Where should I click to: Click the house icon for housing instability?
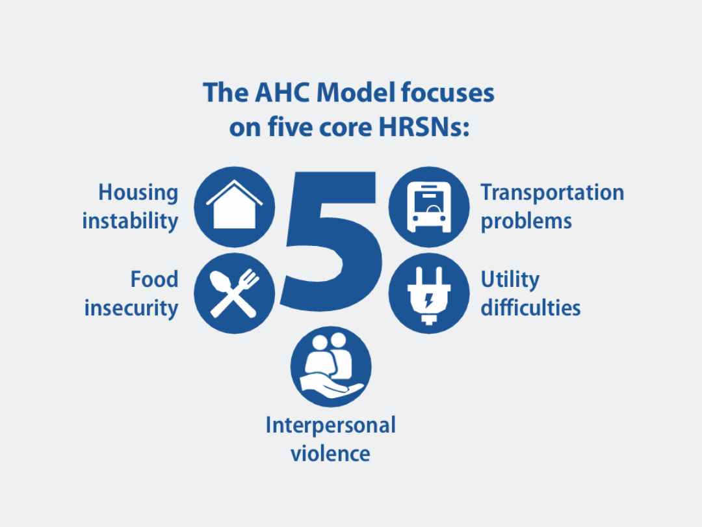(x=234, y=207)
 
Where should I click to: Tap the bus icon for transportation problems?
(x=429, y=207)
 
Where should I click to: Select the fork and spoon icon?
(x=234, y=293)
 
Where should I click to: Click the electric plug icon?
(x=429, y=293)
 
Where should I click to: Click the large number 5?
(x=332, y=241)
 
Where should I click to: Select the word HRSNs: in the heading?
(x=424, y=128)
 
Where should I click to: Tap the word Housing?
(x=138, y=193)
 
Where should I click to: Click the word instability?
(x=130, y=221)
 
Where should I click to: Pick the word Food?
(x=155, y=279)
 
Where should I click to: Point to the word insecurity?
(x=131, y=308)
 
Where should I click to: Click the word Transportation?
(x=552, y=193)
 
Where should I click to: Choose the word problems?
(x=526, y=221)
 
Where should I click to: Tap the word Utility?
(x=510, y=280)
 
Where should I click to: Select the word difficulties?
(x=530, y=308)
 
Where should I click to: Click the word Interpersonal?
(x=331, y=426)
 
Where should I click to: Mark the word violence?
(x=330, y=453)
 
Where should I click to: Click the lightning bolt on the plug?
(x=429, y=300)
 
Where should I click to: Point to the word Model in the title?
(x=356, y=93)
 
